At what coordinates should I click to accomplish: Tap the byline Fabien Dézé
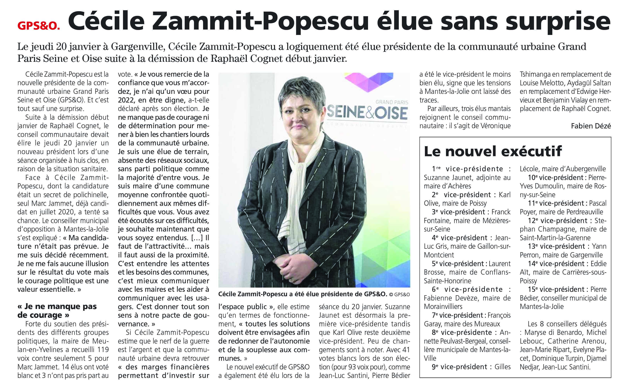[591, 126]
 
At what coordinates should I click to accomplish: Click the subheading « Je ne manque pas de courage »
[57, 311]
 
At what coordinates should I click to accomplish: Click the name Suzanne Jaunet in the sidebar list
[446, 178]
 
